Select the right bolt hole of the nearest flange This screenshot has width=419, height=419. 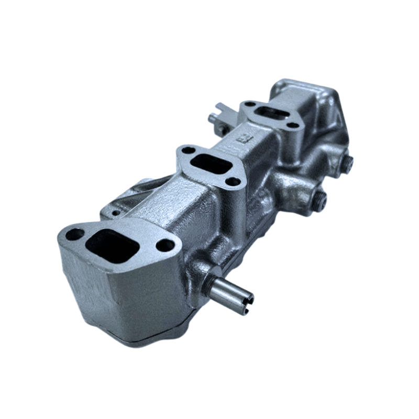tap(166, 245)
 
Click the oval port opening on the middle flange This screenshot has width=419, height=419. tap(211, 166)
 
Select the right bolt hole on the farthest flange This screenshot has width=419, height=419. tap(294, 125)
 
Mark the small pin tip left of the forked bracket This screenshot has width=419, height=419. tap(211, 118)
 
